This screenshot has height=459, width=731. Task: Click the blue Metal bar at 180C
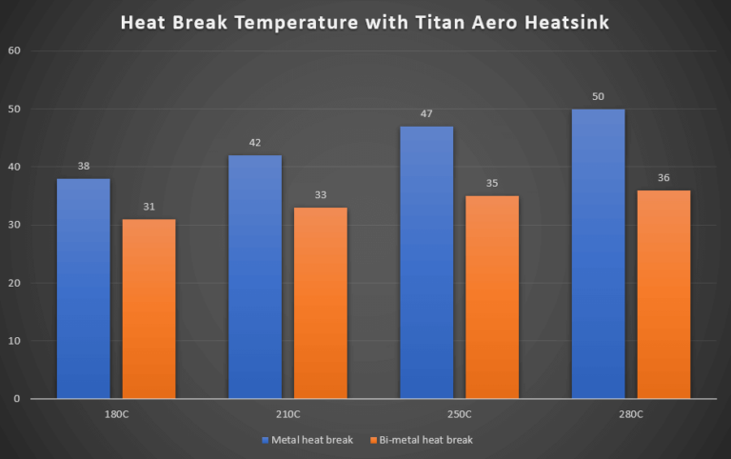coord(84,288)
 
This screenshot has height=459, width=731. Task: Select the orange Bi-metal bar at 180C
coord(148,309)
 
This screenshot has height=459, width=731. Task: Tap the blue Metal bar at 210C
coord(255,276)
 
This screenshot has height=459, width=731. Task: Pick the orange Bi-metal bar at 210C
coord(321,303)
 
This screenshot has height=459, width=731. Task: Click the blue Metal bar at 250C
coord(426,262)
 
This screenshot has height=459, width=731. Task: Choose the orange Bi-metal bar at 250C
coord(492,297)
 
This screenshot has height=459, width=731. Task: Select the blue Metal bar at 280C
coord(598,253)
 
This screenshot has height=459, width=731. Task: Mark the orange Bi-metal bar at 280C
coord(663,294)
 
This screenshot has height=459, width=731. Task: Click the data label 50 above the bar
coord(598,96)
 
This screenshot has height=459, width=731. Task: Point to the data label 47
coord(426,113)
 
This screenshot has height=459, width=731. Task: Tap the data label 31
coord(148,207)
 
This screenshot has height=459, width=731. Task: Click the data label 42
coord(255,143)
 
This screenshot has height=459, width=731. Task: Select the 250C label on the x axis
coord(460,414)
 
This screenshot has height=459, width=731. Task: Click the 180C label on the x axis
coord(116,414)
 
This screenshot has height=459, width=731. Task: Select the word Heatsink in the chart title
coord(563,22)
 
